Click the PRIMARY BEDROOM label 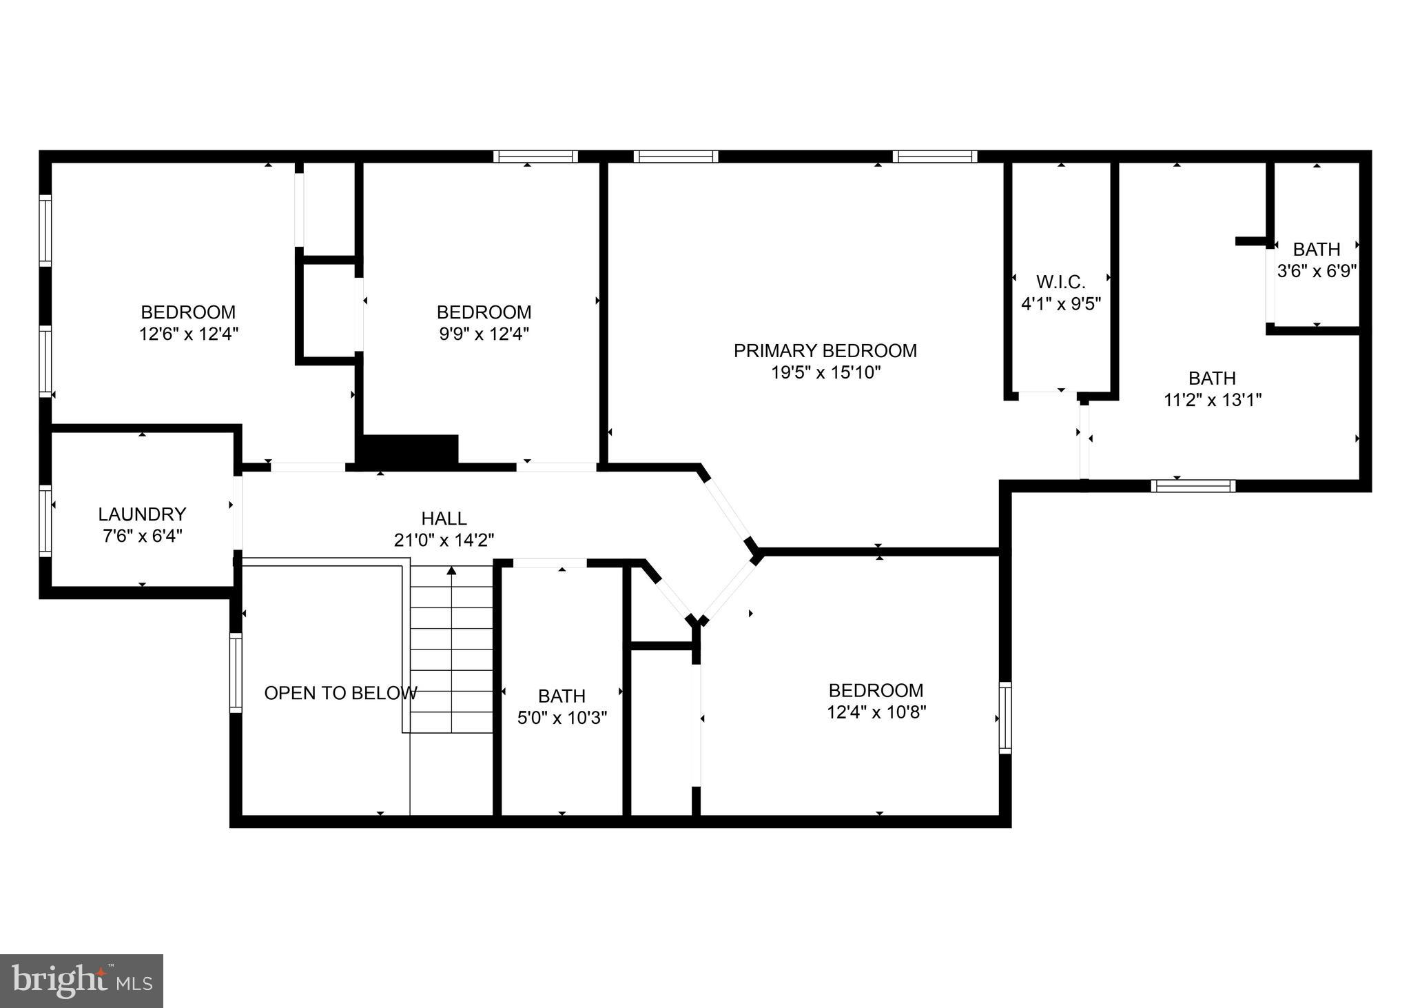825,351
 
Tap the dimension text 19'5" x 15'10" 825,373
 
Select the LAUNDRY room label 142,514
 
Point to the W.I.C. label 1060,282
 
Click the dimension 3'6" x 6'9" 1317,271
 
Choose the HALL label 444,518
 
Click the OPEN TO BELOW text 340,693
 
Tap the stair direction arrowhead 452,570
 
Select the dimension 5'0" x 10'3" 562,718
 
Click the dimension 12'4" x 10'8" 876,712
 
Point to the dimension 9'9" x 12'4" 484,334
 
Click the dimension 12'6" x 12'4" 188,334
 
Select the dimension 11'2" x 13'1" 1212,401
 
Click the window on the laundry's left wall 45,521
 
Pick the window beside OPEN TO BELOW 236,672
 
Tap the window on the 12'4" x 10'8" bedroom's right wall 1005,718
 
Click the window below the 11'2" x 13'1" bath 1193,486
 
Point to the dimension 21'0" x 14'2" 444,541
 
